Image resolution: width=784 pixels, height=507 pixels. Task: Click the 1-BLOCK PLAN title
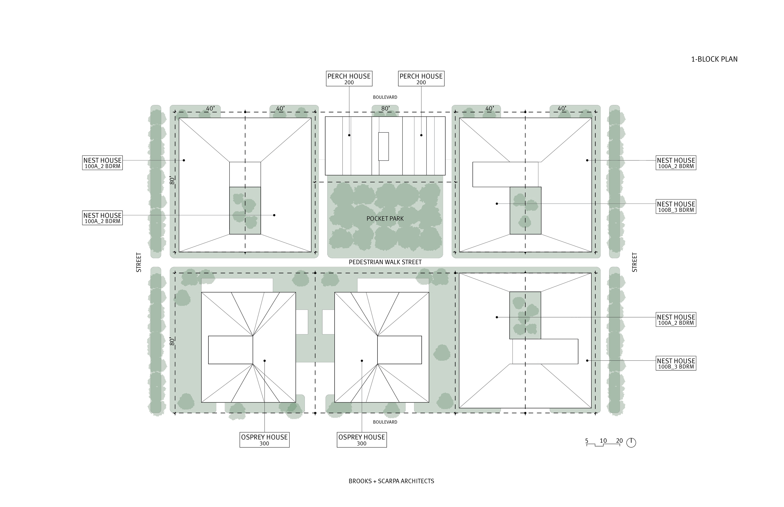pos(714,59)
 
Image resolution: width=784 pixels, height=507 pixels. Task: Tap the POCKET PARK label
pos(385,219)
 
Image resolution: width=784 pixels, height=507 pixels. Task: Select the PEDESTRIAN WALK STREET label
pos(385,262)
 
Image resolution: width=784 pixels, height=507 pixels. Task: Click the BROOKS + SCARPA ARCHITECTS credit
pos(391,481)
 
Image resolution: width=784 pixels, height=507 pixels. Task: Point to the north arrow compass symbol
pos(631,443)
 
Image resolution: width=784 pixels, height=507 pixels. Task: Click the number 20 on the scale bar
pos(619,440)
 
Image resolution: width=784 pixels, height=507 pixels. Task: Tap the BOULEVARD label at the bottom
pos(385,422)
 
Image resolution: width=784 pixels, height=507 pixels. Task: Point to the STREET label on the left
pos(139,262)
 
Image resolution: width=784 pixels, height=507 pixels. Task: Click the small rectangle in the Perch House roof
pos(383,146)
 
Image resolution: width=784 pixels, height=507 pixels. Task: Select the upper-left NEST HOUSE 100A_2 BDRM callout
pos(102,163)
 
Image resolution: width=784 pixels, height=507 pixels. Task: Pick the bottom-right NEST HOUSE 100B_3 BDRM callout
pos(676,363)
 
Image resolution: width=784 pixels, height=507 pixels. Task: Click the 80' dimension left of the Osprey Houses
pos(172,341)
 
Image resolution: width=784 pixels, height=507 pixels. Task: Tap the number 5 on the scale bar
pos(587,440)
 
